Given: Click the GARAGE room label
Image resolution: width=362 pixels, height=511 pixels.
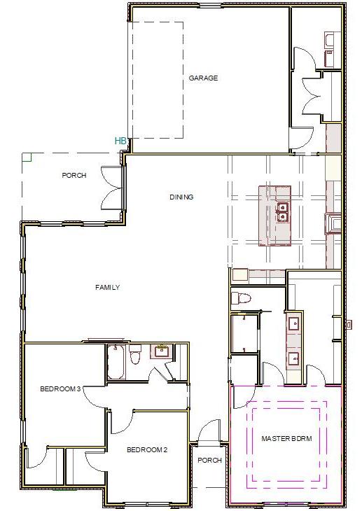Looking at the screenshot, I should (203, 78).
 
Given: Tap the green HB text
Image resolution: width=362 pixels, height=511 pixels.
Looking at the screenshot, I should (120, 141).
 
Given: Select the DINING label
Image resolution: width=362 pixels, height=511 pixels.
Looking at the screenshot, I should (181, 197).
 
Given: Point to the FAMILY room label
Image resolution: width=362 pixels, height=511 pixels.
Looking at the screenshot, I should (108, 287).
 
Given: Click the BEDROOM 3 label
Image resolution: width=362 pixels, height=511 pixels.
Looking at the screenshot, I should (61, 388).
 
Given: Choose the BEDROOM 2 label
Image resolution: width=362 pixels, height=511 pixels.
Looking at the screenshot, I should (148, 449).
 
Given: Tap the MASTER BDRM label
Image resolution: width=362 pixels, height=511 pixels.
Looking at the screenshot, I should (286, 439).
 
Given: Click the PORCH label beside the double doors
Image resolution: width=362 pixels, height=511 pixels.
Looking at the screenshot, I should (74, 176).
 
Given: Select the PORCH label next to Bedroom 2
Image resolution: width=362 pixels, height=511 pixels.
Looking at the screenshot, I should (209, 461).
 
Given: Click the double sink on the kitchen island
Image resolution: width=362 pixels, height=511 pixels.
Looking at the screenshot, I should (282, 211).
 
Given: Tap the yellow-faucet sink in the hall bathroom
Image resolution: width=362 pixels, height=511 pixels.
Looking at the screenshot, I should (162, 351).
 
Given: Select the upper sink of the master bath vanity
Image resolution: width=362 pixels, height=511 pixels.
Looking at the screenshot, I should (294, 323).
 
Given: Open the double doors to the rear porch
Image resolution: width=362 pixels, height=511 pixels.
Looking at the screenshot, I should (111, 188).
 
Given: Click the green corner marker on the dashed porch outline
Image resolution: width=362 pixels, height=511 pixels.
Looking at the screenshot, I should (26, 157).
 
